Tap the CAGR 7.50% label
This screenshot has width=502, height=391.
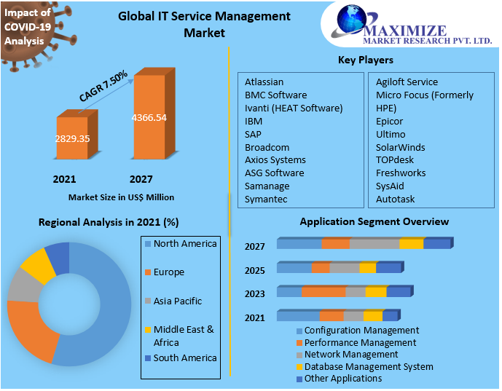pyautogui.click(x=104, y=86)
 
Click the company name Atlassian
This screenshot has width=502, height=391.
pyautogui.click(x=264, y=82)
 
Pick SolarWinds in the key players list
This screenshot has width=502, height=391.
pyautogui.click(x=400, y=147)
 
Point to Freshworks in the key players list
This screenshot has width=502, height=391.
pyautogui.click(x=401, y=173)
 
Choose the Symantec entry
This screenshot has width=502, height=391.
pyautogui.click(x=266, y=200)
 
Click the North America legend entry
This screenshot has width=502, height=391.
pyautogui.click(x=184, y=244)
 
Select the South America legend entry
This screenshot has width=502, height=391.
pyautogui.click(x=184, y=358)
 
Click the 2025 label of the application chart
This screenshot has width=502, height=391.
pyautogui.click(x=254, y=271)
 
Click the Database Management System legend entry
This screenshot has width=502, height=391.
pyautogui.click(x=368, y=367)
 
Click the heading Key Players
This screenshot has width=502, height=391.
pyautogui.click(x=366, y=60)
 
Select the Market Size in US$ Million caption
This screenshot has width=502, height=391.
pyautogui.click(x=121, y=197)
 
